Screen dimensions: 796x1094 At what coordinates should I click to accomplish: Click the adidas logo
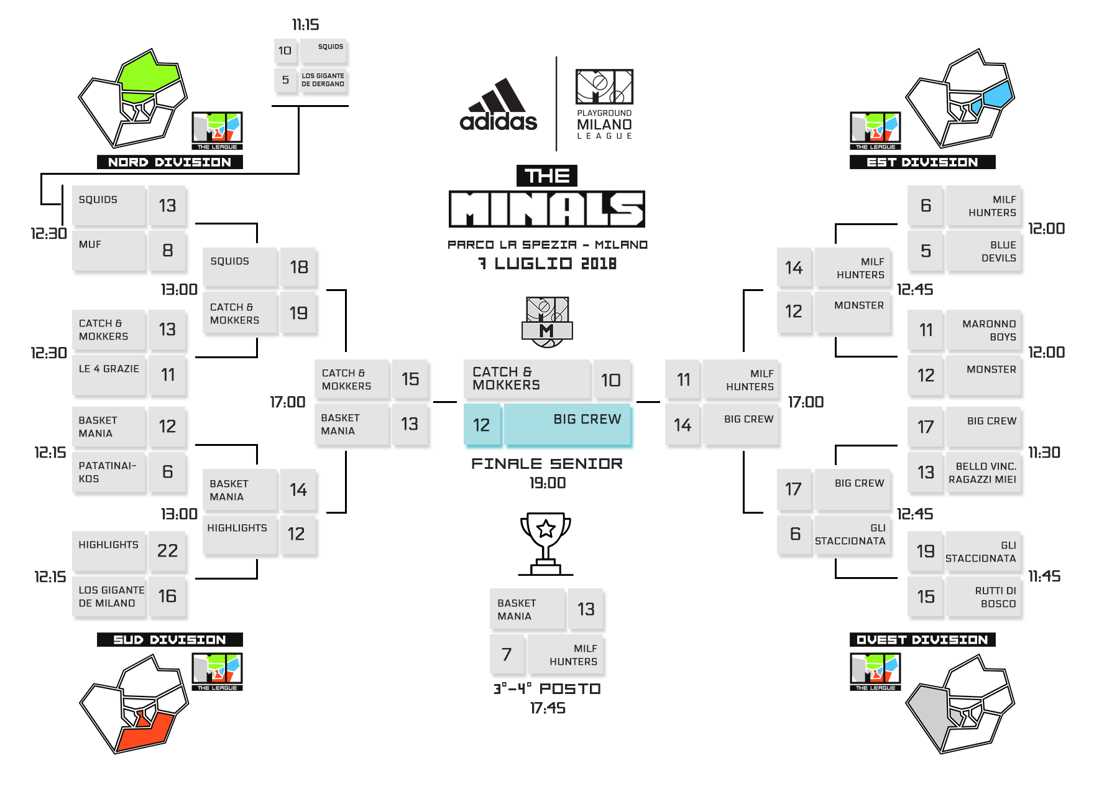(x=498, y=106)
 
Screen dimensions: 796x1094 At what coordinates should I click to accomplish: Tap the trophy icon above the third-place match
(x=545, y=543)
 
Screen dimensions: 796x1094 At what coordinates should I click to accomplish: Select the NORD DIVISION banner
(x=170, y=162)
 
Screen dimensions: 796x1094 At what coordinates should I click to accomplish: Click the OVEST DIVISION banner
(x=922, y=640)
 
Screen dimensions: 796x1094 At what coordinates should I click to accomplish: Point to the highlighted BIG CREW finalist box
(x=567, y=425)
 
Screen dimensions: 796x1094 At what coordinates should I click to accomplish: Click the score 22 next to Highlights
(x=167, y=551)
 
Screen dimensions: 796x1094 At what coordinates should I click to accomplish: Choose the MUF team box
(x=109, y=251)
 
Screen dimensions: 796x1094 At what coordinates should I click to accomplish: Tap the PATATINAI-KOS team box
(x=109, y=472)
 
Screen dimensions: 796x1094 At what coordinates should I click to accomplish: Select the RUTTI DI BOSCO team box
(x=983, y=597)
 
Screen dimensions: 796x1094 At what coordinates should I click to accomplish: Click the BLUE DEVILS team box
(x=983, y=251)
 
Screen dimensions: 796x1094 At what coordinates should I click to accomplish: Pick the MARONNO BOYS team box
(x=983, y=330)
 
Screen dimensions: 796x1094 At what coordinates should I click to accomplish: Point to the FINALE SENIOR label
(x=546, y=464)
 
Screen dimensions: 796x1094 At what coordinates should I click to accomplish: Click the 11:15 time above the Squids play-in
(x=306, y=25)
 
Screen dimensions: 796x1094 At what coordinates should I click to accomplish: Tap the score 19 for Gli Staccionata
(x=925, y=552)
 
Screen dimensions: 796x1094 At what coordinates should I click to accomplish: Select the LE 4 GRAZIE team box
(x=109, y=375)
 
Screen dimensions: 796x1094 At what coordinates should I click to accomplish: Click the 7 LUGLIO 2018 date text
(x=547, y=264)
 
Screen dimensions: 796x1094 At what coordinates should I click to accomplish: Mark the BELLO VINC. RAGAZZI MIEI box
(x=983, y=473)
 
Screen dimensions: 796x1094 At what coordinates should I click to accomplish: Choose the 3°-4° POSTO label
(x=547, y=689)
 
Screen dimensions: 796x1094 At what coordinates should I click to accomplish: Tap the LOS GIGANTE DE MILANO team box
(x=109, y=596)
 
